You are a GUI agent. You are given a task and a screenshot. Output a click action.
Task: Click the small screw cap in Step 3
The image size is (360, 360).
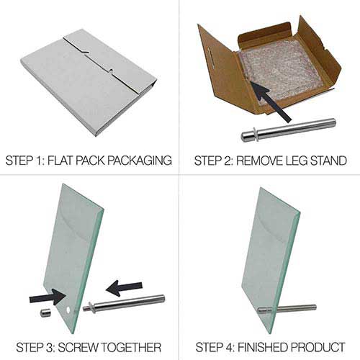pyautogui.click(x=44, y=314)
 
